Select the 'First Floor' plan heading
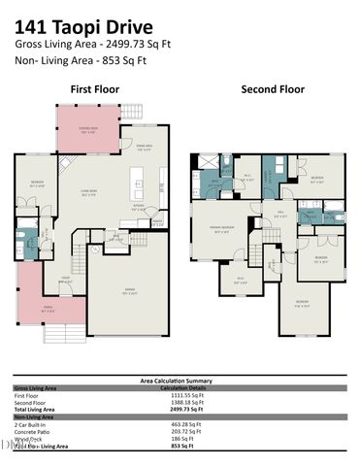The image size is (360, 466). click(x=95, y=89)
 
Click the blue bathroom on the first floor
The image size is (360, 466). click(x=30, y=234)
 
